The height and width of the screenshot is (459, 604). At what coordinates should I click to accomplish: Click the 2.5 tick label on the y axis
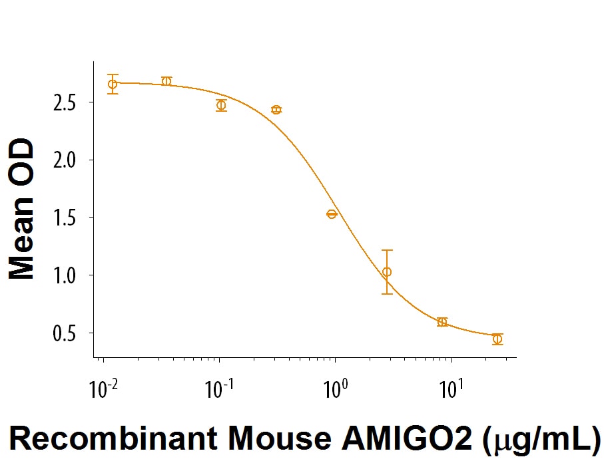65,102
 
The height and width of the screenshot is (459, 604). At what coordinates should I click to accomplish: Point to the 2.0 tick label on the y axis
65,160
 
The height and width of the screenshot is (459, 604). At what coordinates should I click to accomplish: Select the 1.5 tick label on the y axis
65,218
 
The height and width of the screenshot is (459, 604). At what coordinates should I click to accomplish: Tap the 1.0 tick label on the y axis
65,275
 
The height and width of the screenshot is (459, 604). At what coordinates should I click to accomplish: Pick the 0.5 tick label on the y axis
65,333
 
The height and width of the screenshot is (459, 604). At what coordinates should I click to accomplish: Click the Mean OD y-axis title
22,209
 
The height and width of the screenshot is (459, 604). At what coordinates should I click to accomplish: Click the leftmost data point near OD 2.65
113,84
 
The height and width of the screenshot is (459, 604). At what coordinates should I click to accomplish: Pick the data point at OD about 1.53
332,214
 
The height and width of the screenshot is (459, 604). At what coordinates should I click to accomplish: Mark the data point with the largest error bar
387,271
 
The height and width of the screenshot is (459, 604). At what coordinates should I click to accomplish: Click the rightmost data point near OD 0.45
497,339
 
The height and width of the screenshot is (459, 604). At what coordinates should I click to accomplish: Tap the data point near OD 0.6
442,322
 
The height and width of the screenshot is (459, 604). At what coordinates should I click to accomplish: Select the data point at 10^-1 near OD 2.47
221,105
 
